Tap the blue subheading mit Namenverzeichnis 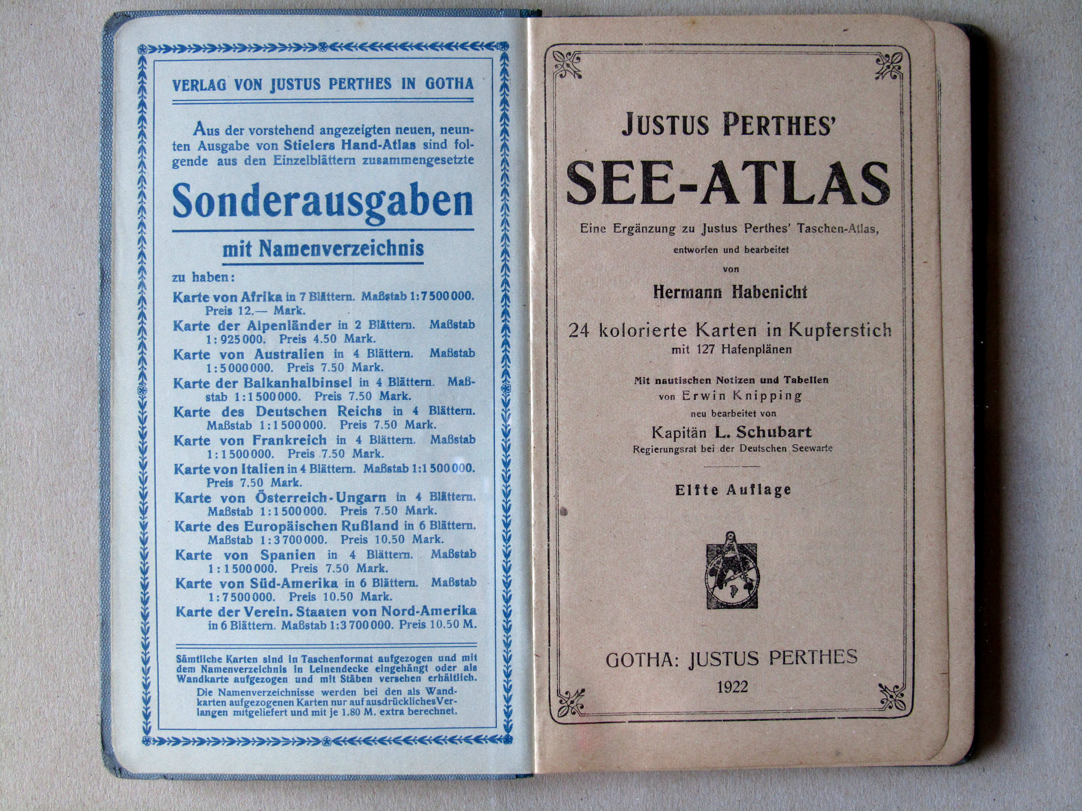[323, 249]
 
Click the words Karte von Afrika [227, 297]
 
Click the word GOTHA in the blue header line [449, 84]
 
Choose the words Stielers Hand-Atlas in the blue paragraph [350, 145]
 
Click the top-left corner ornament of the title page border [567, 65]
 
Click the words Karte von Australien [248, 354]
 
